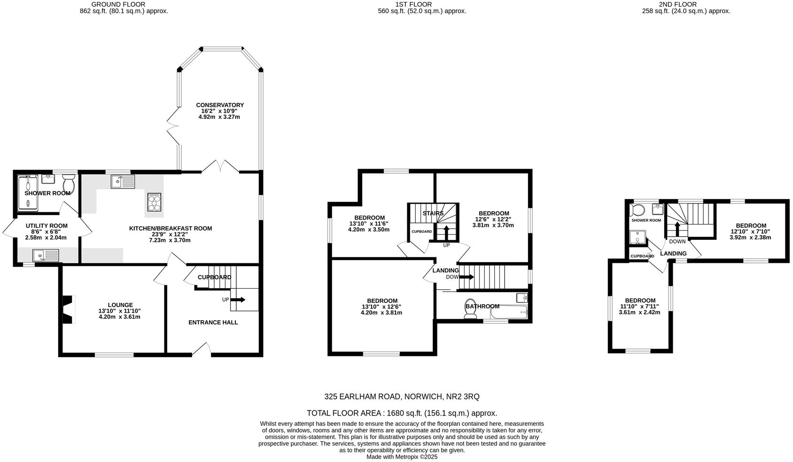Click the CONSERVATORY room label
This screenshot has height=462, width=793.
coord(219,105)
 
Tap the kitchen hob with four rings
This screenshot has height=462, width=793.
coord(154,203)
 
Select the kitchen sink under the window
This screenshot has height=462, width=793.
coord(123,181)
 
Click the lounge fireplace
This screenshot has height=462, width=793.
coord(69,309)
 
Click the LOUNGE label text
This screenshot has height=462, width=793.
coord(120,305)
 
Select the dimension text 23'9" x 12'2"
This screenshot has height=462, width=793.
coord(170,234)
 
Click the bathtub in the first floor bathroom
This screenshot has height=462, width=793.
coord(509,311)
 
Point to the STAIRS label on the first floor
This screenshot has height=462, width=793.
coord(433,214)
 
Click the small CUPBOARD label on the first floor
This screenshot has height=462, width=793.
coord(421,231)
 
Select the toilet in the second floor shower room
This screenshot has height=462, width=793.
coord(639,209)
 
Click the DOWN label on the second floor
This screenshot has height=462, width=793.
coord(677,242)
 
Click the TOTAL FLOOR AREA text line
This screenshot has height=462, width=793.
coord(402,413)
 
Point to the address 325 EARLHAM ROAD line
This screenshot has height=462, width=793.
coord(402,397)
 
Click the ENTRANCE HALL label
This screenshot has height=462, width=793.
coord(213,323)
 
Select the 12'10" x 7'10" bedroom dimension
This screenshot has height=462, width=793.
coord(750,231)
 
